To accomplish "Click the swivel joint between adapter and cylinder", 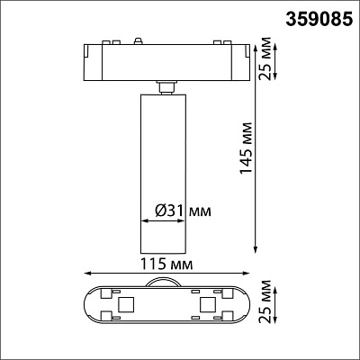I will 164,86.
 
